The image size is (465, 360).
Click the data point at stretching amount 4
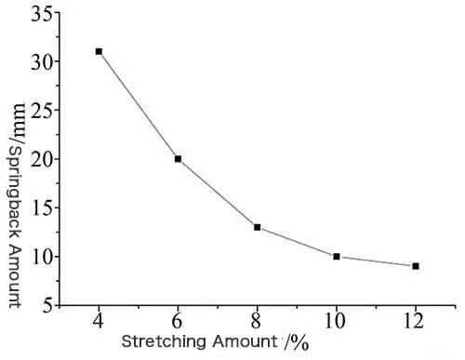click(x=99, y=51)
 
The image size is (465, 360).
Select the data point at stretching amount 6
click(x=178, y=159)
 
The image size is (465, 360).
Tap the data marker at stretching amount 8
click(x=257, y=227)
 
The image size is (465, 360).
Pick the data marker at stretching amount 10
click(x=336, y=256)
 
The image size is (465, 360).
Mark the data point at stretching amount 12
click(x=416, y=266)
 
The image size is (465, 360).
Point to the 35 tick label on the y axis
click(x=38, y=13)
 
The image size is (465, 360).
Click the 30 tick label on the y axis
click(x=38, y=61)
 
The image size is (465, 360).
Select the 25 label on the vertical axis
click(x=38, y=110)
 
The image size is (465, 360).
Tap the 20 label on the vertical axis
click(x=38, y=159)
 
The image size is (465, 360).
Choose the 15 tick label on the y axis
click(x=38, y=207)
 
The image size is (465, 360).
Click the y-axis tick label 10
click(x=38, y=256)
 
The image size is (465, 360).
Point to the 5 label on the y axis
click(x=43, y=304)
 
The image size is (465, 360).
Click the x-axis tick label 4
click(x=99, y=321)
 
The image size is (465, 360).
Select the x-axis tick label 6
click(x=178, y=321)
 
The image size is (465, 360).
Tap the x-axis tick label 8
click(x=257, y=321)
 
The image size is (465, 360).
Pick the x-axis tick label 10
click(x=336, y=321)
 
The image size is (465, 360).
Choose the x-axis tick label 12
click(x=416, y=321)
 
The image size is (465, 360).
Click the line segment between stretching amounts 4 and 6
click(x=138, y=105)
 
